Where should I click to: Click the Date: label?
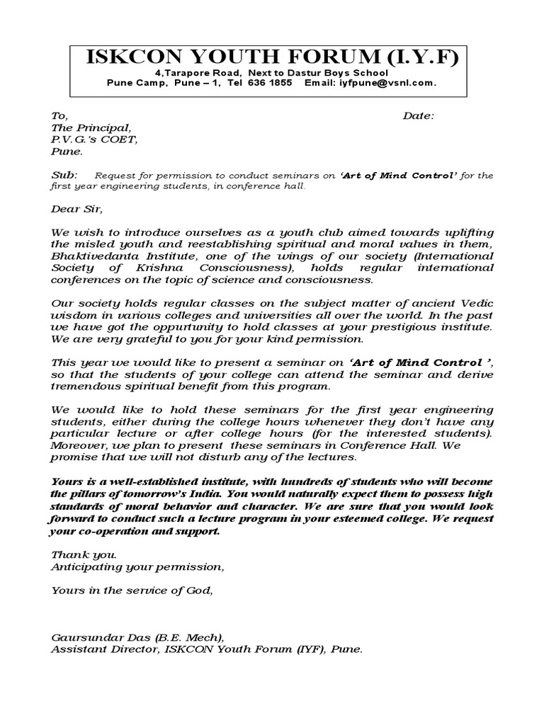[419, 115]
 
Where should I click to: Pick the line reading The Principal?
[91, 127]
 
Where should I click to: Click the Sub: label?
[63, 175]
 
